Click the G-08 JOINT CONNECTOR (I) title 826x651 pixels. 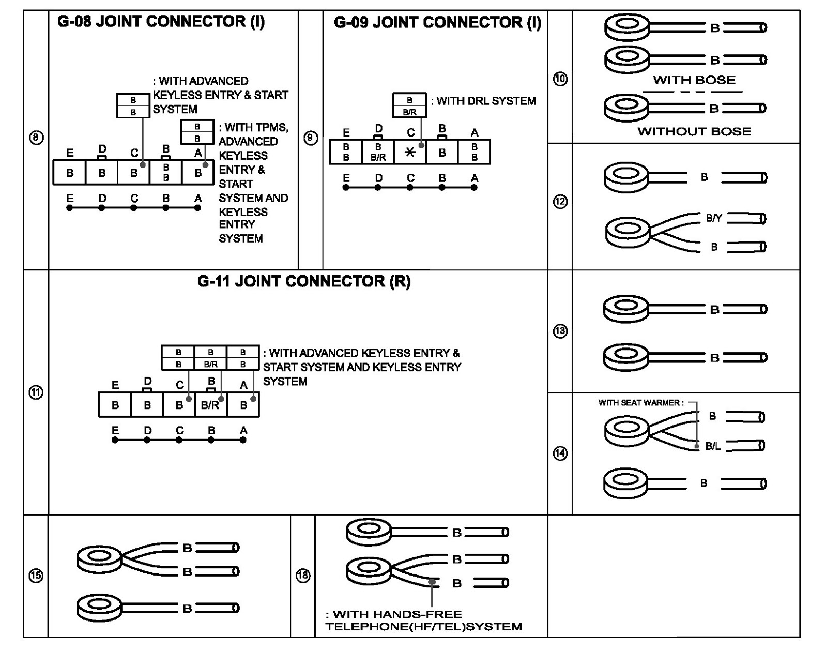(x=161, y=22)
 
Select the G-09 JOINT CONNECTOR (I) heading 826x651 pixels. (x=437, y=23)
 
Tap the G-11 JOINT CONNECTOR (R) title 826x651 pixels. (x=304, y=282)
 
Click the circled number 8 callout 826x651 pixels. (x=36, y=138)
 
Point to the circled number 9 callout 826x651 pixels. (x=310, y=138)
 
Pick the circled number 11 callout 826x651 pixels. (x=36, y=392)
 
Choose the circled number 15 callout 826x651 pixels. (x=36, y=576)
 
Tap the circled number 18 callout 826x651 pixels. (x=303, y=576)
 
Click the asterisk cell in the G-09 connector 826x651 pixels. (x=410, y=152)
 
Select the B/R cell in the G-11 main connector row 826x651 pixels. (x=210, y=405)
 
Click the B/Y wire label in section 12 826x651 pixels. (x=714, y=218)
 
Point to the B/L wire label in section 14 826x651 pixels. (x=713, y=446)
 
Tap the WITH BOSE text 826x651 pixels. (x=694, y=80)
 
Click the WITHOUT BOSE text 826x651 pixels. (x=694, y=131)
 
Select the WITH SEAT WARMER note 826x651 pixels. (x=641, y=403)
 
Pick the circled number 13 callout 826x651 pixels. (x=560, y=331)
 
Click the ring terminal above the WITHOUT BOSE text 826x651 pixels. (x=626, y=107)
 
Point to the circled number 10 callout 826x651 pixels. (x=560, y=79)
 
